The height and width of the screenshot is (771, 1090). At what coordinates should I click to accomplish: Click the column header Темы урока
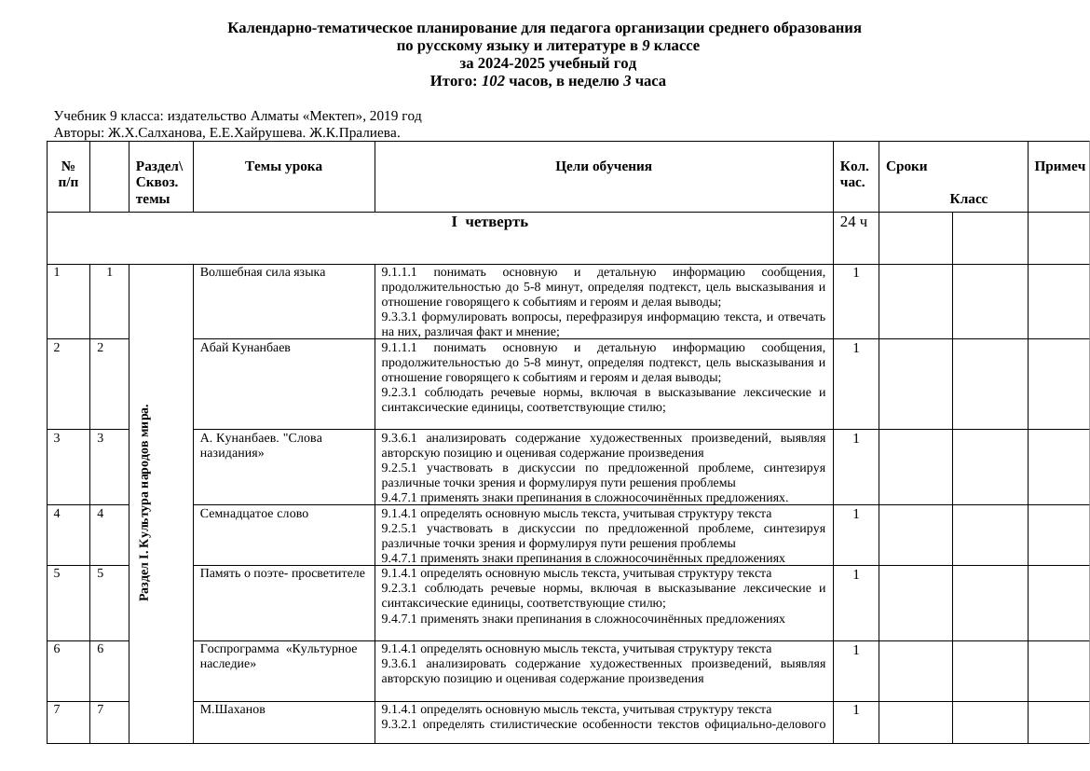[x=283, y=166]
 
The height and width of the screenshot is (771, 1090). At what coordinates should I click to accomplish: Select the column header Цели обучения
[x=603, y=166]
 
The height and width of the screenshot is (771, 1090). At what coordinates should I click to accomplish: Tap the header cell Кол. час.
[x=854, y=173]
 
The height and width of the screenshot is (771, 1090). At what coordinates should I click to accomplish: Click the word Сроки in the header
[x=906, y=166]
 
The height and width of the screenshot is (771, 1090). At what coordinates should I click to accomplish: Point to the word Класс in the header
[x=968, y=199]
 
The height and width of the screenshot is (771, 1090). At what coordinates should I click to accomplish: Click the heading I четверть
[x=489, y=222]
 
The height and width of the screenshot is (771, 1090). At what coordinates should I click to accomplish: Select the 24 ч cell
[x=853, y=222]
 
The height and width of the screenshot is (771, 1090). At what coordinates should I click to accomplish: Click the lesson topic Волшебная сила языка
[x=262, y=272]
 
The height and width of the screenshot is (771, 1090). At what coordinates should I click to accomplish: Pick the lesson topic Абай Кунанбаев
[x=245, y=348]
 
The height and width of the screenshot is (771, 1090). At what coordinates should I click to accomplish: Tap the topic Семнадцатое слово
[x=253, y=514]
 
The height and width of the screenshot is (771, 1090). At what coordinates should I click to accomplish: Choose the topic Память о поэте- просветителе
[x=282, y=573]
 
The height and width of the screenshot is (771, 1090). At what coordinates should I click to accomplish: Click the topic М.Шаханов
[x=232, y=709]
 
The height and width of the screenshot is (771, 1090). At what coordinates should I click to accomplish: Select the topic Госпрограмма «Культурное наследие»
[x=278, y=656]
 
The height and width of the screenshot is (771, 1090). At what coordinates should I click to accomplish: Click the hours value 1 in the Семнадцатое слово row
[x=855, y=514]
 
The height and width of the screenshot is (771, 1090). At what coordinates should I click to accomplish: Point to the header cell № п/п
[x=68, y=173]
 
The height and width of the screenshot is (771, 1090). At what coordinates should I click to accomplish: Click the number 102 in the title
[x=493, y=81]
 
